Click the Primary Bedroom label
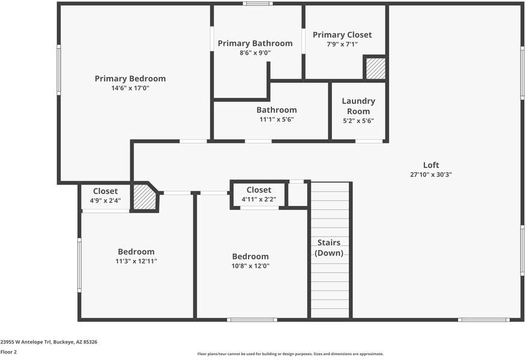(130, 79)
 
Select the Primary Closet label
(342, 35)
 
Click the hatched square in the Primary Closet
(375, 68)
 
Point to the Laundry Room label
(358, 106)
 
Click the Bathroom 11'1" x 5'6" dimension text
(276, 119)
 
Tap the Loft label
(431, 165)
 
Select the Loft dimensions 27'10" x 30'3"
(431, 175)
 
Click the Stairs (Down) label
(329, 248)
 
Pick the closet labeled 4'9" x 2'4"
(105, 196)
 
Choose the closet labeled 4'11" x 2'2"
(259, 194)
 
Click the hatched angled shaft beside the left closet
(144, 197)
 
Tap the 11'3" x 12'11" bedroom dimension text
(136, 262)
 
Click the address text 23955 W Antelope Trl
(49, 341)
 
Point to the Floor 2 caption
(8, 352)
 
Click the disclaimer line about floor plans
(290, 354)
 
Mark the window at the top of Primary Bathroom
(258, 4)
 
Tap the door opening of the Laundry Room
(369, 141)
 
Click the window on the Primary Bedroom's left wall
(59, 70)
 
